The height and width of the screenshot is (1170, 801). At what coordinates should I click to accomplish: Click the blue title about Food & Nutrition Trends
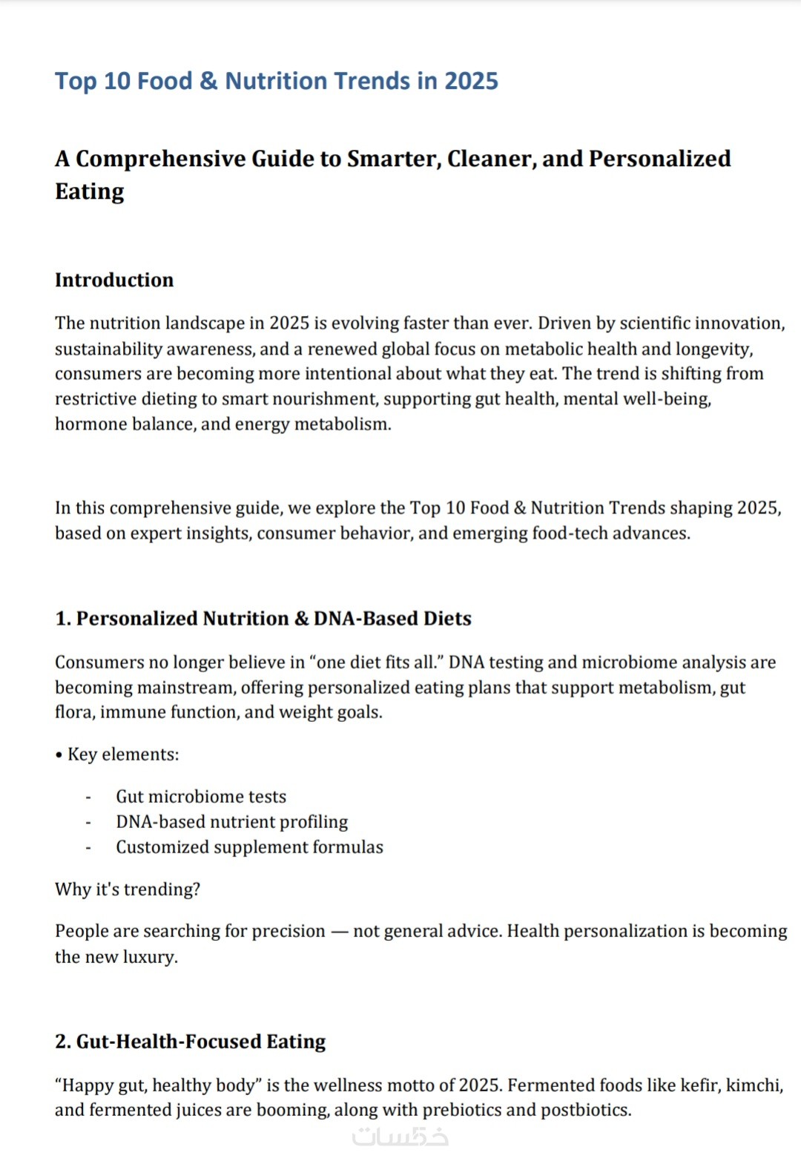coord(276,81)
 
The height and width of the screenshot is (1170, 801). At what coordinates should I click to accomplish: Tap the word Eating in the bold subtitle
coord(90,191)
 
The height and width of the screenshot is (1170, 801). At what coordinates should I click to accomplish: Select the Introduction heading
coord(114,280)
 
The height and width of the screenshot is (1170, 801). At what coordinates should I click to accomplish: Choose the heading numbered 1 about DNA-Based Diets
coord(263,619)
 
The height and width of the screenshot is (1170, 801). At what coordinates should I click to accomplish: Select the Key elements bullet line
coord(117,755)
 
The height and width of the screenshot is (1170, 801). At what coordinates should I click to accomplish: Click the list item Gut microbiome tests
coord(201,797)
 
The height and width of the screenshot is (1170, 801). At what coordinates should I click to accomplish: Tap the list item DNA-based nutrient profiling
coord(231,822)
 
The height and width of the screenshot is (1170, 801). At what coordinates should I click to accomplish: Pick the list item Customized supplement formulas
coord(249,847)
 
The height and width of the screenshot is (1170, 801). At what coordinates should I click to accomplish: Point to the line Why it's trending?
coord(128,890)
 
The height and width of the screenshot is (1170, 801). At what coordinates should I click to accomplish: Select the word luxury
coord(150,957)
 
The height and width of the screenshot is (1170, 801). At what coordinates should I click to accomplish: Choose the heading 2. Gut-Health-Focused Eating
coord(191,1042)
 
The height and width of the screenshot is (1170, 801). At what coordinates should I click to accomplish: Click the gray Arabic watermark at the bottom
coord(400,1137)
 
